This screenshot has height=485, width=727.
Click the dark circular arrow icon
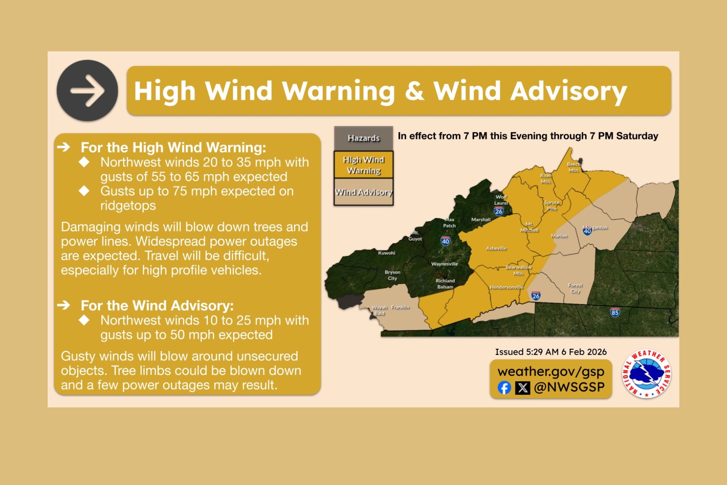point(87,91)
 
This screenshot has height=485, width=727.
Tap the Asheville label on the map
point(496,249)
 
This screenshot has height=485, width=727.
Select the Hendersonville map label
point(506,287)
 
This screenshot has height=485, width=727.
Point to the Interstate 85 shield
point(615,312)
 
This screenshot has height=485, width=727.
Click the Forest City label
point(575,288)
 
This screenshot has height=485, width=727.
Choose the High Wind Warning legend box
point(363,165)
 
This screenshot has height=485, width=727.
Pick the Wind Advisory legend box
point(363,192)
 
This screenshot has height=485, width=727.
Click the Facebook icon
point(504,388)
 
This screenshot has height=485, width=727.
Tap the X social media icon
point(523,388)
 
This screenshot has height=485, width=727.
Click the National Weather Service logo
point(646,374)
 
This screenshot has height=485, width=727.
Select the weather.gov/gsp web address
point(551,371)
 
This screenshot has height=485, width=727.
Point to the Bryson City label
point(392,275)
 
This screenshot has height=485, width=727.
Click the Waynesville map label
point(444,264)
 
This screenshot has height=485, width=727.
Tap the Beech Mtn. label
point(574,167)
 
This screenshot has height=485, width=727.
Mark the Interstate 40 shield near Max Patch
point(445,241)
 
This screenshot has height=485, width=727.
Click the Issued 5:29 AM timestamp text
point(551,352)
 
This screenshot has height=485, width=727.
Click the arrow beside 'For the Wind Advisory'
point(64,305)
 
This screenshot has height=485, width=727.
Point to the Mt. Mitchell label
point(529,227)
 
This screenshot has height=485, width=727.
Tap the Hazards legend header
point(363,138)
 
